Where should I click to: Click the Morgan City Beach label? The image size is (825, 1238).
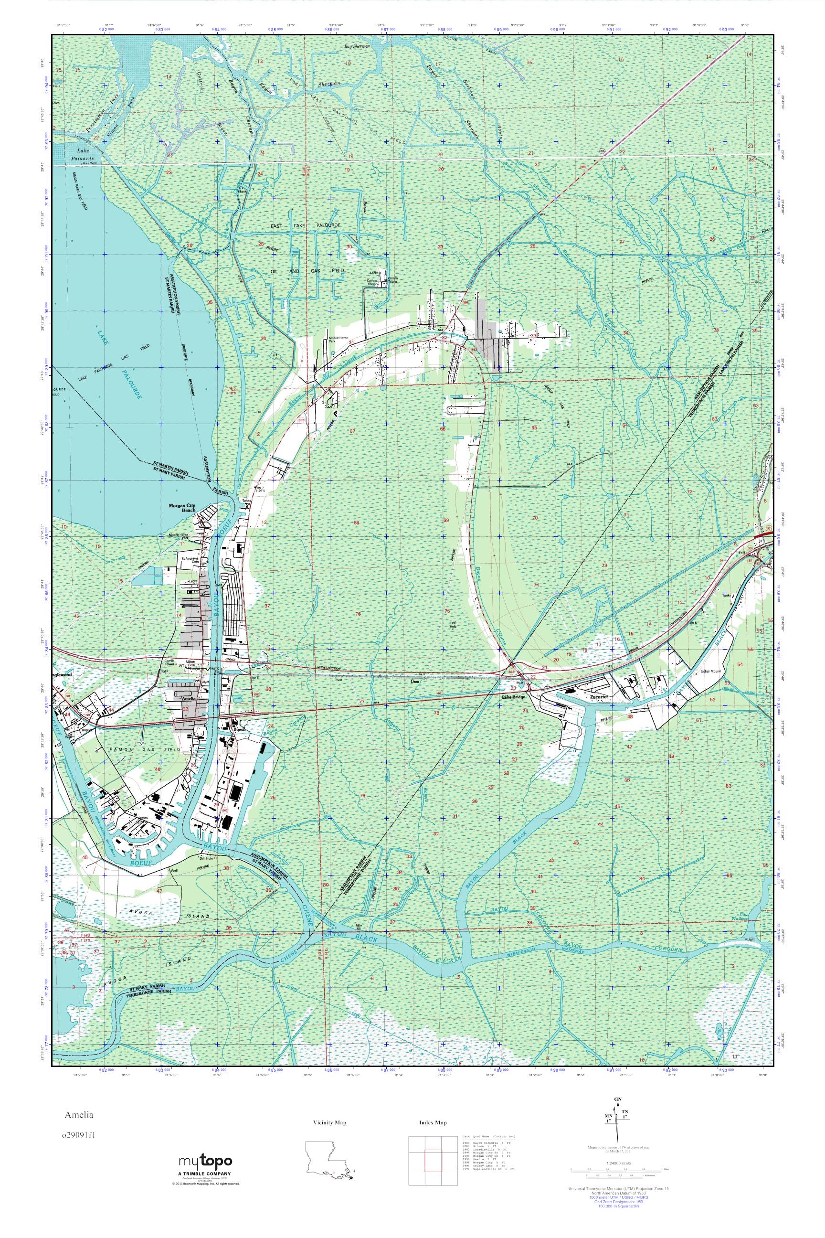click(182, 507)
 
